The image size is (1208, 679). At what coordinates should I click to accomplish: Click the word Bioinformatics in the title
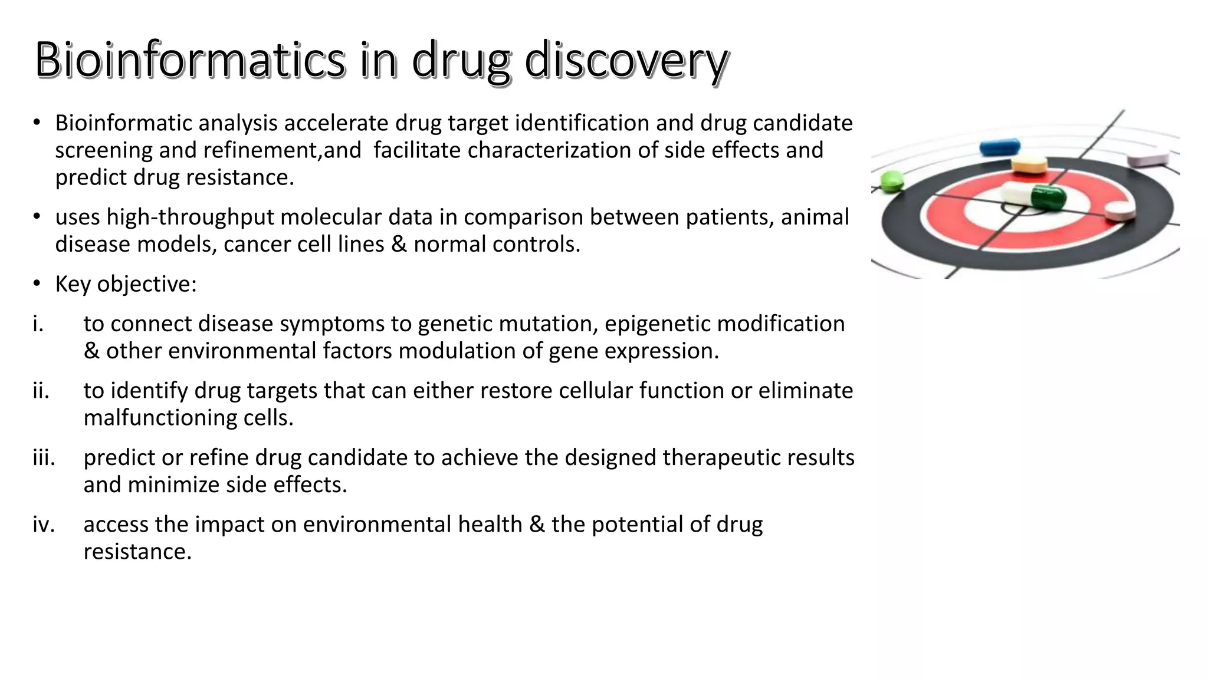click(x=189, y=60)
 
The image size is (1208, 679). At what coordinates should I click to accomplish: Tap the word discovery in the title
click(x=626, y=60)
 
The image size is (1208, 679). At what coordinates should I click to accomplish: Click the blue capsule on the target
click(x=999, y=146)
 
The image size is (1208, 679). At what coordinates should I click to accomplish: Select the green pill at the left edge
click(x=892, y=180)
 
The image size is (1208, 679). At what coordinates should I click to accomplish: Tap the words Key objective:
click(x=126, y=284)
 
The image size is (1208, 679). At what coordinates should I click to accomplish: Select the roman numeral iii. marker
click(x=44, y=457)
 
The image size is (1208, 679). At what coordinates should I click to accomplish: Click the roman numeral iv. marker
click(x=44, y=524)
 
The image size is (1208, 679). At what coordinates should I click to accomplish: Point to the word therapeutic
click(x=720, y=457)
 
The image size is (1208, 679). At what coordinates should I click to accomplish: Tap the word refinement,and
click(x=282, y=150)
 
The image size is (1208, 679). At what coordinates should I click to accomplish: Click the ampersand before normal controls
click(x=399, y=244)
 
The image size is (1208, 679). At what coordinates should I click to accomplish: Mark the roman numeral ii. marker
click(x=41, y=390)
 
